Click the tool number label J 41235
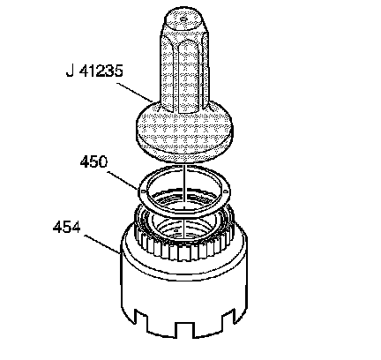tap(94, 71)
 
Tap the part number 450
tap(93, 161)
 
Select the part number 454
tap(66, 228)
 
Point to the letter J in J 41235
tap(70, 71)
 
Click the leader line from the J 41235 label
tap(135, 93)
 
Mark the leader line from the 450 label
tap(123, 180)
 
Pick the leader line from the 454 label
tap(101, 244)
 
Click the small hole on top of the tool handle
tap(183, 19)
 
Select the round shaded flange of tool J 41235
tap(184, 131)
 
